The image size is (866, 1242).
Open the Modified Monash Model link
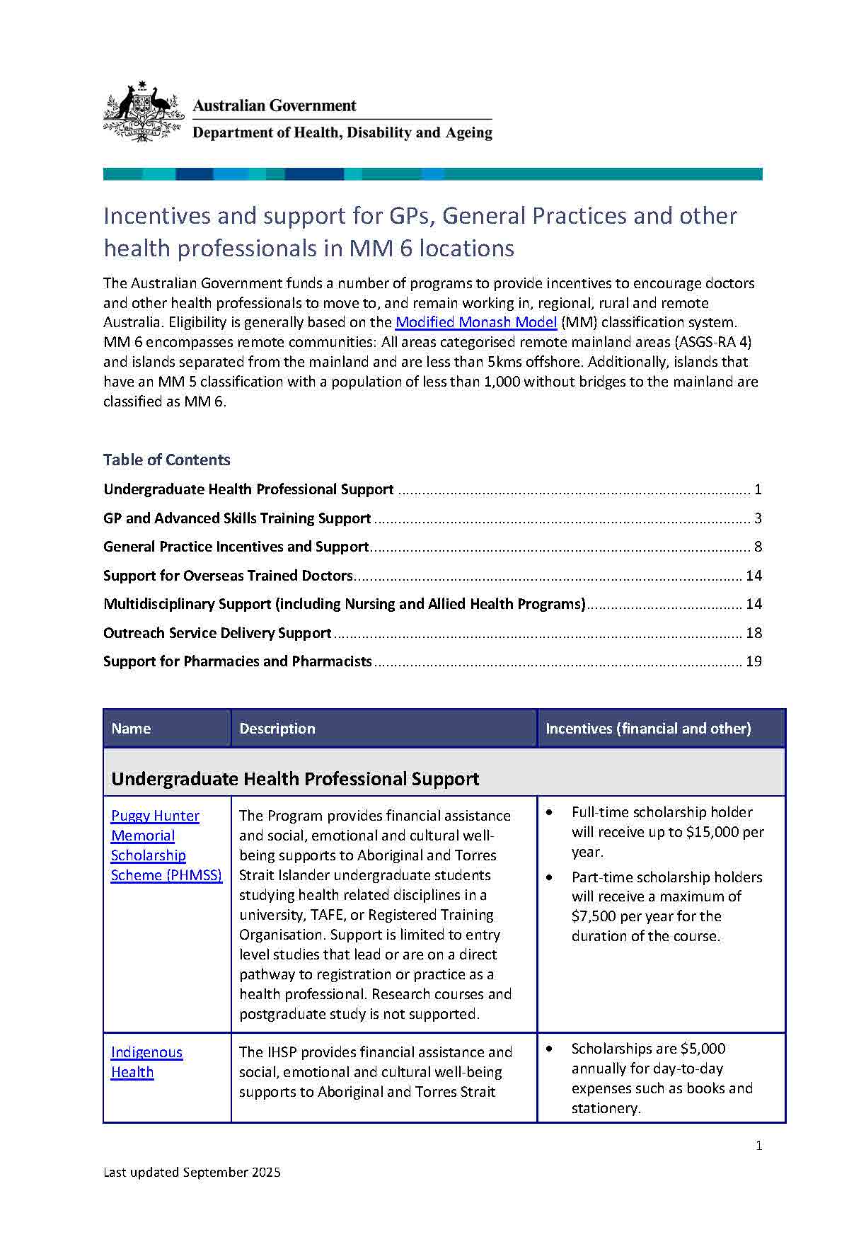point(475,322)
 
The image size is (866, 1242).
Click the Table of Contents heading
point(166,460)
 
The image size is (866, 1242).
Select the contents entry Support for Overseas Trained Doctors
point(228,576)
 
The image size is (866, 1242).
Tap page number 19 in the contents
point(754,661)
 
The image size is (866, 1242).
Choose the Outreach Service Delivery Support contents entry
point(217,633)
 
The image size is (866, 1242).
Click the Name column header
point(131,729)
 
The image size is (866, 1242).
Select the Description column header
point(277,729)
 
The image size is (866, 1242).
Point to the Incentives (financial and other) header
point(648,729)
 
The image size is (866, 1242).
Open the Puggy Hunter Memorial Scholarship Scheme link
point(166,845)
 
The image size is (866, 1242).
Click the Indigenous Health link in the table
point(146,1062)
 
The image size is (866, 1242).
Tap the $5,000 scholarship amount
point(703,1049)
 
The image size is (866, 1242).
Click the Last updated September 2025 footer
point(192,1173)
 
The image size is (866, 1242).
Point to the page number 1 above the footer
point(758,1146)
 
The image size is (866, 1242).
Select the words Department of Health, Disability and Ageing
point(342,132)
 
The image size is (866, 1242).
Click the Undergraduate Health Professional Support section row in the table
point(295,779)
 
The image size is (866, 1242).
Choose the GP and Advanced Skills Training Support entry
point(237,518)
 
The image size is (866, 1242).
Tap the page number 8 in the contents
point(758,547)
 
